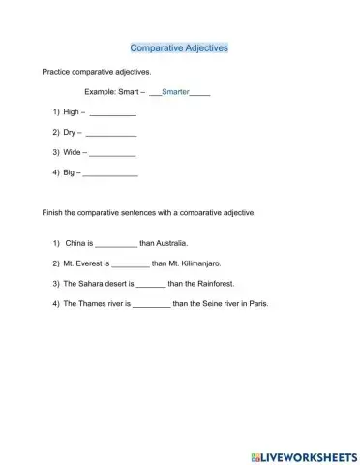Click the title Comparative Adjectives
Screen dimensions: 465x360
tap(179, 46)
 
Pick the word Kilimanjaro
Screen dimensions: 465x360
tap(201, 263)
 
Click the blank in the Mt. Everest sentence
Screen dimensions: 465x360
tap(131, 264)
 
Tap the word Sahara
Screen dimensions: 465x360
tap(92, 284)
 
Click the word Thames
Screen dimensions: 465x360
tap(93, 303)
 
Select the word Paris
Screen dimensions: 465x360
tap(255, 303)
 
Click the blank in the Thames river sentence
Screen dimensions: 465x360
tap(151, 304)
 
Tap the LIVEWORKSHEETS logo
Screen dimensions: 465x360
tap(304, 453)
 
